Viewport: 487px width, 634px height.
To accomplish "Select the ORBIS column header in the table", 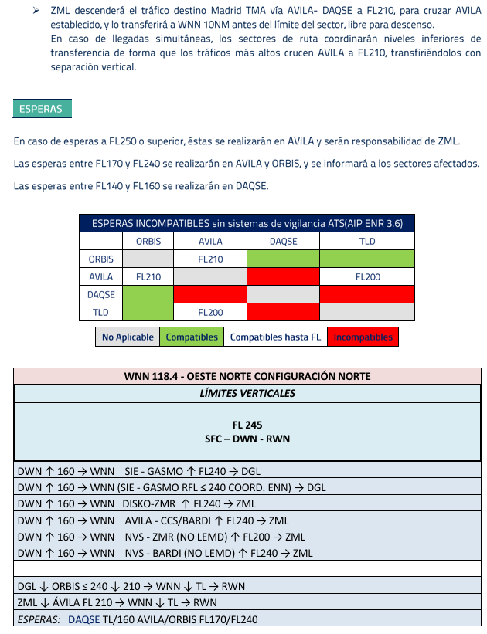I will pyautogui.click(x=148, y=242).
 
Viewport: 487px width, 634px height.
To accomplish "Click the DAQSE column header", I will pyautogui.click(x=283, y=242).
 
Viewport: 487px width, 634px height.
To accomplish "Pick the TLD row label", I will pyautogui.click(x=100, y=313).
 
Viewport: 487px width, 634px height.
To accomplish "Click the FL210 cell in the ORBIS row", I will pyautogui.click(x=210, y=259).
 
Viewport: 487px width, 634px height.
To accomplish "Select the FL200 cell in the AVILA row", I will pyautogui.click(x=367, y=276).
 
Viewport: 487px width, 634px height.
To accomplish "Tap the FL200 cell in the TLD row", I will pyautogui.click(x=210, y=313).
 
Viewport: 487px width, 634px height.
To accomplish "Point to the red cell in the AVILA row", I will pyautogui.click(x=283, y=276).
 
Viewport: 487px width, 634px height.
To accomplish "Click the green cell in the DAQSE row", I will pyautogui.click(x=148, y=294).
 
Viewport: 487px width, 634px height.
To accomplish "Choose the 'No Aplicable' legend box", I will pyautogui.click(x=128, y=337).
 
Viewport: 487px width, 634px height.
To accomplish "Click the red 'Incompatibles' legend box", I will pyautogui.click(x=363, y=337).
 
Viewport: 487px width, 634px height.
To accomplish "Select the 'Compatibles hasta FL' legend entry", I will pyautogui.click(x=274, y=337).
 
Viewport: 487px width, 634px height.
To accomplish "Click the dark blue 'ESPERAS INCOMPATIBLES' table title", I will pyautogui.click(x=247, y=224).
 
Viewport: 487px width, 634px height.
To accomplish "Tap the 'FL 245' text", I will pyautogui.click(x=247, y=425).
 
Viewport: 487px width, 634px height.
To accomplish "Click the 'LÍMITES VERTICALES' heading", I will pyautogui.click(x=247, y=394).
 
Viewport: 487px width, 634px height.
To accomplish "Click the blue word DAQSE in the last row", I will pyautogui.click(x=83, y=619).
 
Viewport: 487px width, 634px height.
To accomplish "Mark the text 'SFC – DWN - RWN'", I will pyautogui.click(x=247, y=439).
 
